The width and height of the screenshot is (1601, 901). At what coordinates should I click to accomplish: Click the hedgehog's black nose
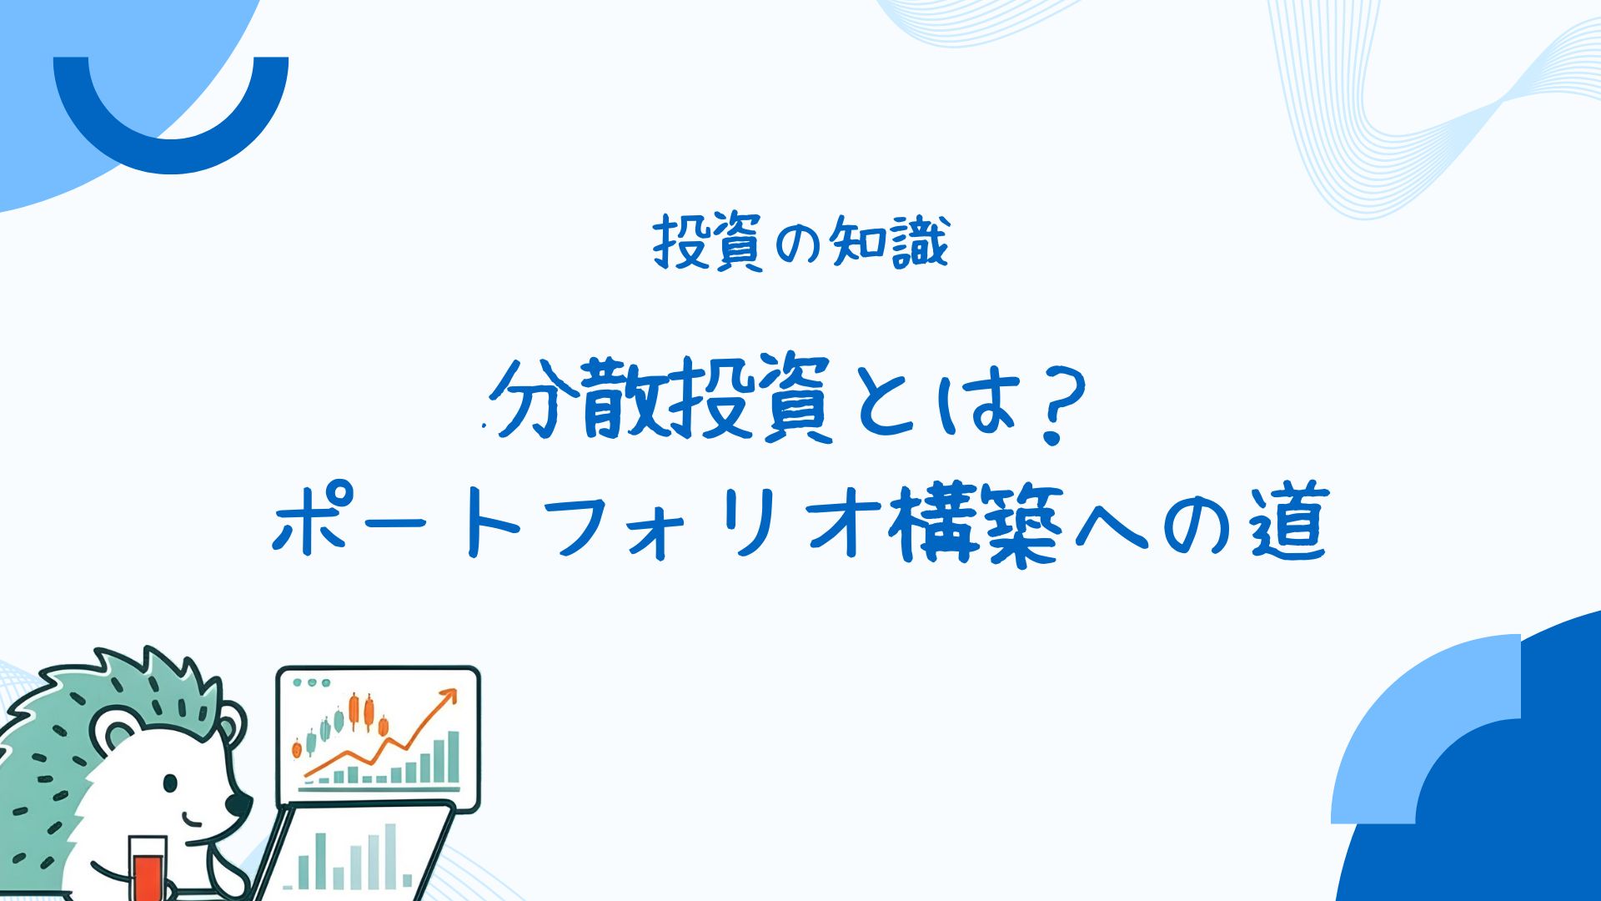pyautogui.click(x=238, y=804)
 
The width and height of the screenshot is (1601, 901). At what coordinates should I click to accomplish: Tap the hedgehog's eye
pyautogui.click(x=170, y=784)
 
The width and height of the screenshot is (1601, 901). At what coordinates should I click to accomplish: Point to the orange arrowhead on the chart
pyautogui.click(x=449, y=697)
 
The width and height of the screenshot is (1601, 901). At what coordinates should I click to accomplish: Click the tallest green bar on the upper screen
pyautogui.click(x=453, y=757)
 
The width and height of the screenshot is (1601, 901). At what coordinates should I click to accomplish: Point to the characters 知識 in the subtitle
pyautogui.click(x=889, y=243)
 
